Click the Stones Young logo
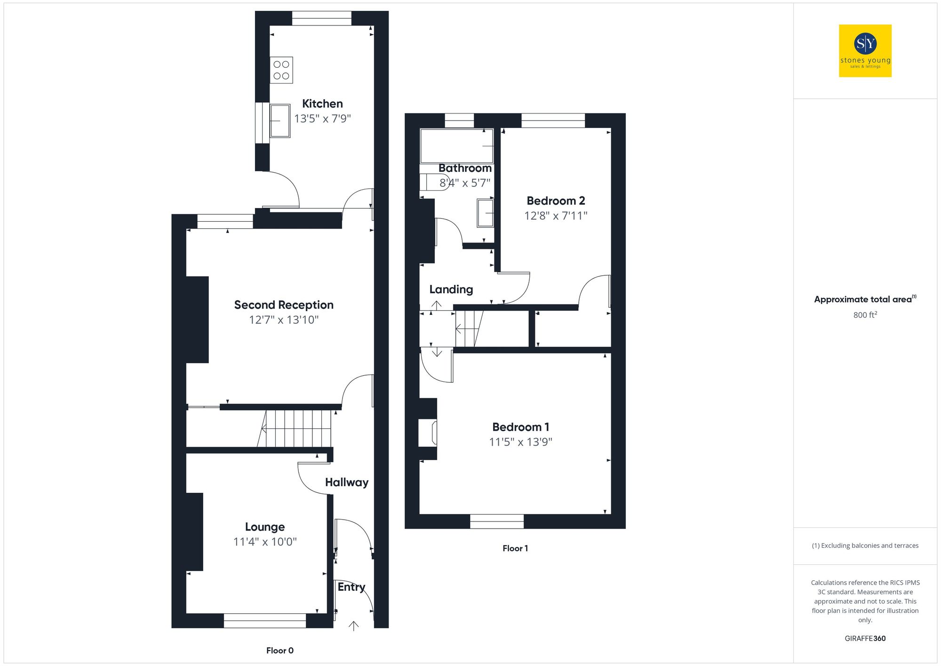865,51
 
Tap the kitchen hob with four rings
281,70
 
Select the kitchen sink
280,121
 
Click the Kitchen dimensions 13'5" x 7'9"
322,119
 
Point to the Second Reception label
284,305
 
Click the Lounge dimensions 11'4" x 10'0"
265,542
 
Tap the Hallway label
346,482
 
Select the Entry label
351,587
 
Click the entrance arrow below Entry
353,626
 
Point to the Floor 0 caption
279,650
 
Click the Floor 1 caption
515,548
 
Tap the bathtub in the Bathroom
456,146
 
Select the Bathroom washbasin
485,213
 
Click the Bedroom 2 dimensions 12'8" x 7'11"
556,216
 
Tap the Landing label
451,289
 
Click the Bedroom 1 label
520,427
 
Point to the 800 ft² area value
865,315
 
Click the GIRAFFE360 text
865,639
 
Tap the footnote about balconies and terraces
865,546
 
